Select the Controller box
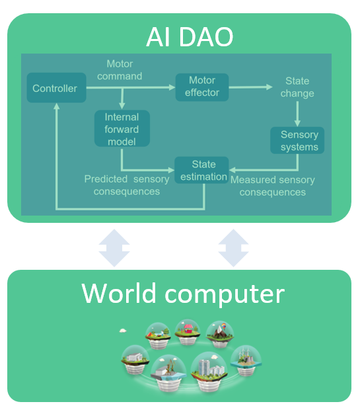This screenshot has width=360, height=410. click(x=55, y=88)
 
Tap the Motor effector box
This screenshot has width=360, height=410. click(x=201, y=87)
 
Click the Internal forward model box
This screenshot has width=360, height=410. click(x=122, y=129)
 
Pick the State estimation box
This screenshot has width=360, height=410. click(x=202, y=170)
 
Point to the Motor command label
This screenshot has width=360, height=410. click(x=120, y=70)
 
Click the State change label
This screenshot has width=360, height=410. click(x=297, y=87)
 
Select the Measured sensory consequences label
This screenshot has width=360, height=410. click(x=272, y=186)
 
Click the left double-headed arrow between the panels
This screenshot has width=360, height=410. click(x=114, y=247)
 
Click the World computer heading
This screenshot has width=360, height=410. click(x=182, y=293)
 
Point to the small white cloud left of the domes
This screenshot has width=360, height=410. click(x=123, y=329)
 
